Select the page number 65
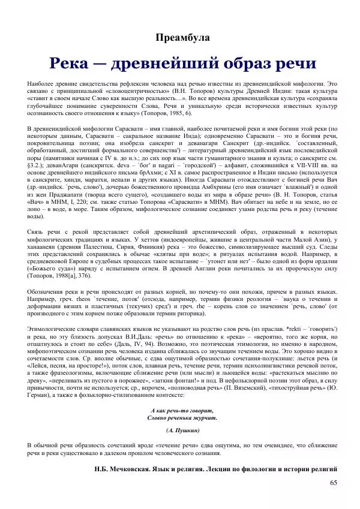334,482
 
